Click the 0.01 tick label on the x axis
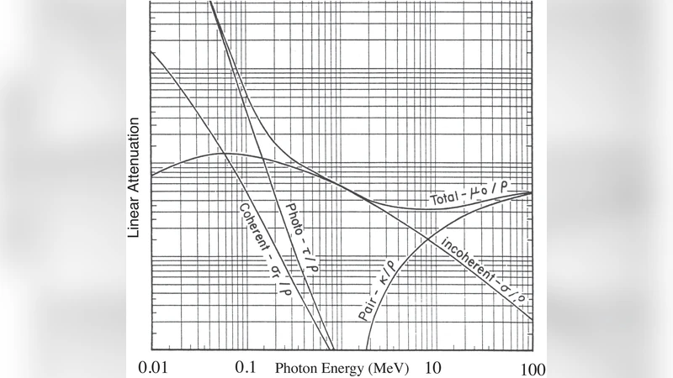click(156, 366)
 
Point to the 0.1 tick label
click(246, 366)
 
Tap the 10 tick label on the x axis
click(433, 366)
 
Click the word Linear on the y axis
click(133, 217)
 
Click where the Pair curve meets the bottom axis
click(368, 349)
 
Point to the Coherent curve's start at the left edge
click(151, 52)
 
